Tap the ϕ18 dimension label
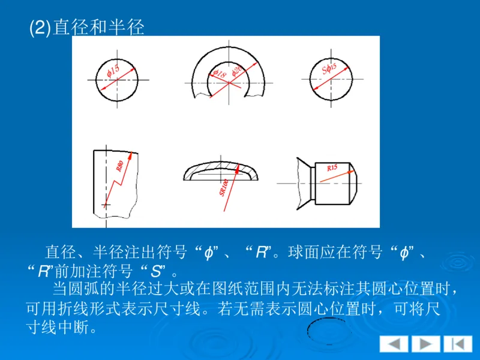219,74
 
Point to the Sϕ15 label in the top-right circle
329,71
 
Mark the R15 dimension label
332,169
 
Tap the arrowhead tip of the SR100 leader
239,168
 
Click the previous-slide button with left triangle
394,344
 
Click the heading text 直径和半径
99,28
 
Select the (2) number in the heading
41,28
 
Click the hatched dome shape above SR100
221,169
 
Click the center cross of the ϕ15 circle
112,80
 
